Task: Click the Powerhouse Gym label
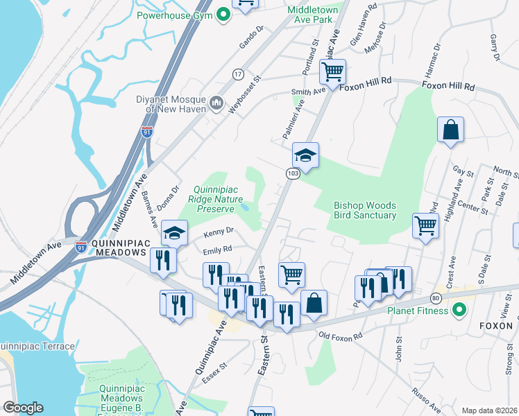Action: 173,15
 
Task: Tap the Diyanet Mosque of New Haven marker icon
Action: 216,104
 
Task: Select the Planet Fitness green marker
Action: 458,309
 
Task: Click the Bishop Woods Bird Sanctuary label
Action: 365,210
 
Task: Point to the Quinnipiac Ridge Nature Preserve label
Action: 217,198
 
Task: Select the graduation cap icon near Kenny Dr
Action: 175,234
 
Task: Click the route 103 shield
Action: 292,173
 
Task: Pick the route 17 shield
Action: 238,73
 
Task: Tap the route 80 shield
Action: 436,298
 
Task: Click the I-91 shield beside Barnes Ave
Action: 146,131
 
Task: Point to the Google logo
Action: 23,408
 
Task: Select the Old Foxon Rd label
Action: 341,336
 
